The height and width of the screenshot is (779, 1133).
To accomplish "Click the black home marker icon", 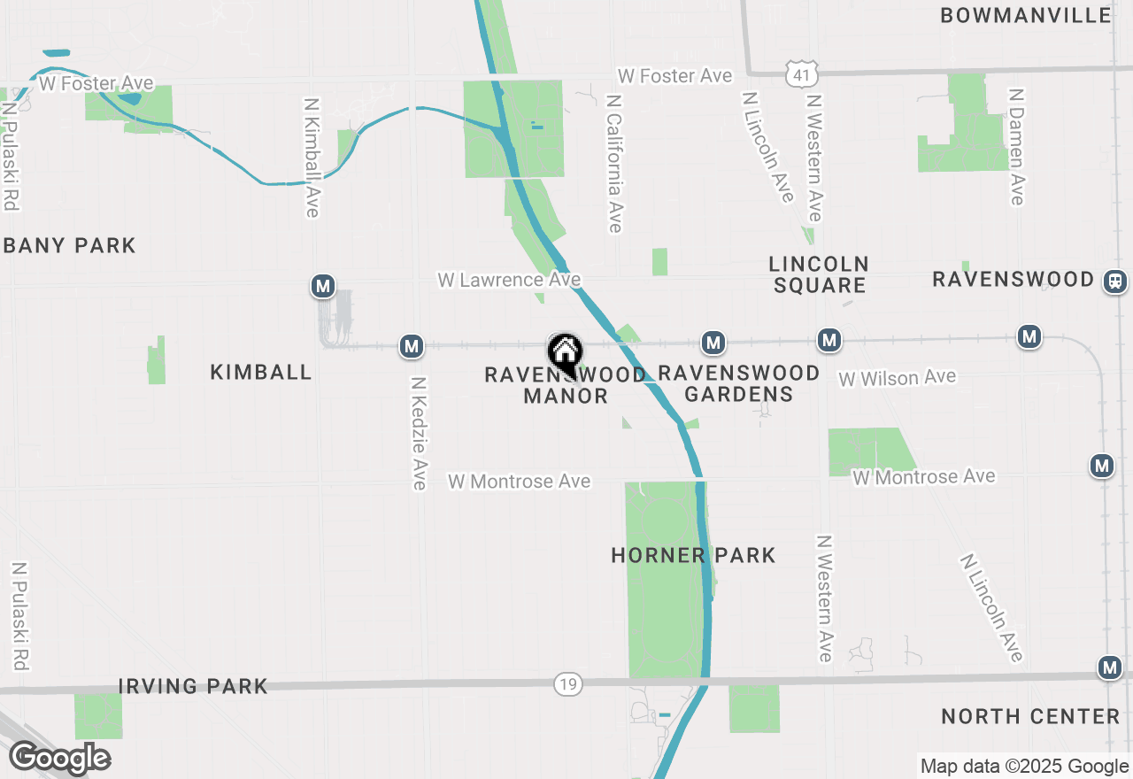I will pyautogui.click(x=564, y=352).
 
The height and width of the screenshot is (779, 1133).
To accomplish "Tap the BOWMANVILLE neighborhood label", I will pyautogui.click(x=1026, y=15).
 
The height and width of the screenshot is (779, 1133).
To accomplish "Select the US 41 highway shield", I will pyautogui.click(x=800, y=75).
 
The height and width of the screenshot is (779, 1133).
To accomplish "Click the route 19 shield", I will pyautogui.click(x=568, y=683).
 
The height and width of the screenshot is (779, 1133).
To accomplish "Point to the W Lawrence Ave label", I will pyautogui.click(x=509, y=280).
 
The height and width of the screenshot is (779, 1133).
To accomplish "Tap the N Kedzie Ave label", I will pyautogui.click(x=419, y=433).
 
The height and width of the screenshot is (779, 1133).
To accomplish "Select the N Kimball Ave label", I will pyautogui.click(x=311, y=157).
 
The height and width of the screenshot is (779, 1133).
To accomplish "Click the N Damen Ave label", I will pyautogui.click(x=1017, y=146).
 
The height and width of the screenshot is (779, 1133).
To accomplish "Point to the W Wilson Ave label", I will pyautogui.click(x=897, y=378).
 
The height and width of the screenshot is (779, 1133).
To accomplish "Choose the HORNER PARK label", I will pyautogui.click(x=693, y=555).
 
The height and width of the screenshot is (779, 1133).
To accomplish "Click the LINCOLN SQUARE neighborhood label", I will pyautogui.click(x=819, y=274).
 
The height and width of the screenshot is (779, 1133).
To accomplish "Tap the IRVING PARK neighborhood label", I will pyautogui.click(x=193, y=686).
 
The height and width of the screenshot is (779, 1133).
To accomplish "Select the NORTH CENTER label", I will pyautogui.click(x=1030, y=716).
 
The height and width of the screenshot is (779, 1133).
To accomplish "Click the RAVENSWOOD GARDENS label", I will pyautogui.click(x=738, y=383).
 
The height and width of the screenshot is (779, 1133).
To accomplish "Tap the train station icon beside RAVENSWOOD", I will pyautogui.click(x=1114, y=281).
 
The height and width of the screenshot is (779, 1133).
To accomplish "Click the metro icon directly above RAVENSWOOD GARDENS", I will pyautogui.click(x=713, y=342).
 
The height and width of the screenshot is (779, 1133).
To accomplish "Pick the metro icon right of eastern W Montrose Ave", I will pyautogui.click(x=1101, y=465).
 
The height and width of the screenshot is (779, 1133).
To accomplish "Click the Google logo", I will pyautogui.click(x=59, y=758).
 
